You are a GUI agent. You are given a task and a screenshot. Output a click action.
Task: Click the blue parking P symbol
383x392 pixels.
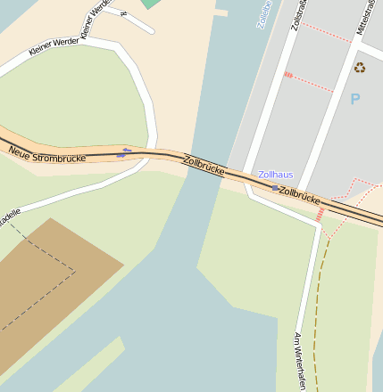(355, 99)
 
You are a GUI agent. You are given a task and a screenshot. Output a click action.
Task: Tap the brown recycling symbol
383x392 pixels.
(359, 67)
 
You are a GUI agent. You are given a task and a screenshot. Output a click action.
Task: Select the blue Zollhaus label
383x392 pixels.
(275, 175)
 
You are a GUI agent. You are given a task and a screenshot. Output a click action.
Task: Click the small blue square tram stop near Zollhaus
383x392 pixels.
(275, 187)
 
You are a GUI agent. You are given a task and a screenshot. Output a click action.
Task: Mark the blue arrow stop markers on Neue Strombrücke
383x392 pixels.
(124, 152)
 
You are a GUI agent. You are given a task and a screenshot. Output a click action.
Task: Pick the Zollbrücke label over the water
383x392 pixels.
(202, 166)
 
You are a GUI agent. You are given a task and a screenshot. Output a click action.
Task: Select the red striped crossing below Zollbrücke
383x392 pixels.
(320, 215)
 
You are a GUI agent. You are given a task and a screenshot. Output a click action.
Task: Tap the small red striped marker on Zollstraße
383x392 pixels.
(288, 75)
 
